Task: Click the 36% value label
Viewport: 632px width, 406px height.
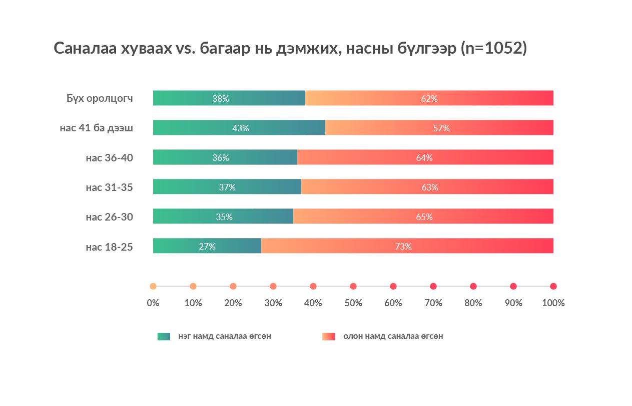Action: pos(221,158)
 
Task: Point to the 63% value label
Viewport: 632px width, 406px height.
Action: pos(429,187)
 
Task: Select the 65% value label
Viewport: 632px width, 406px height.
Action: pos(424,217)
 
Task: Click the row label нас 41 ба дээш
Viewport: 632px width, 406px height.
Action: pos(96,128)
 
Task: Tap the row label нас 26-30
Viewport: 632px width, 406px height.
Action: pos(109,217)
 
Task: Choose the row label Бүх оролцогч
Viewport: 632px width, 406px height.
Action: pos(100,98)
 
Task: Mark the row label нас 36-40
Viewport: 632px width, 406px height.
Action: pos(109,158)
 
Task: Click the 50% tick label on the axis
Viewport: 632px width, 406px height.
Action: pos(353,303)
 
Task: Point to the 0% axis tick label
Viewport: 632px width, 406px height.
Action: pos(153,303)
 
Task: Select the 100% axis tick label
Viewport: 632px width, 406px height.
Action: pos(553,303)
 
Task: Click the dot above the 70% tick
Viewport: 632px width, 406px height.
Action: pos(433,286)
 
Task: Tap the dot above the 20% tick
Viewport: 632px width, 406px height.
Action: pos(233,286)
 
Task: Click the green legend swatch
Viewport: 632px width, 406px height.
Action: pos(164,336)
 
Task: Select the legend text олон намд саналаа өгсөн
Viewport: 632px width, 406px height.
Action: pos(393,336)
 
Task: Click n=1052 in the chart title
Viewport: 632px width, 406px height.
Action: pos(493,48)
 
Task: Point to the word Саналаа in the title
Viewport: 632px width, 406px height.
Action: pos(85,48)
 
